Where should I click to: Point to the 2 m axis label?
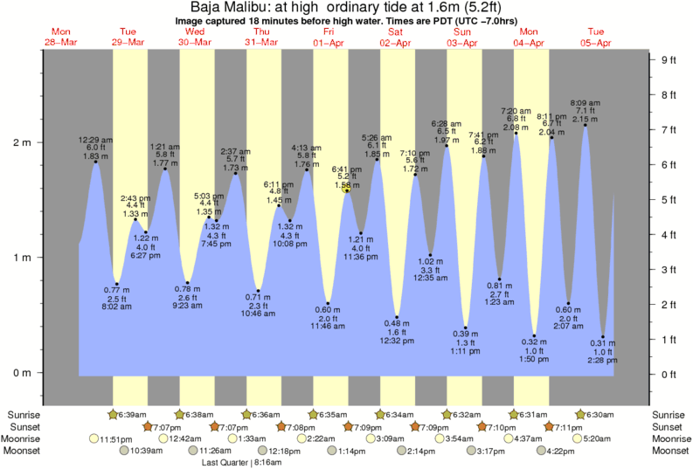[20, 141]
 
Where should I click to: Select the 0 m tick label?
[20, 373]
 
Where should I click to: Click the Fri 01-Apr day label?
[328, 37]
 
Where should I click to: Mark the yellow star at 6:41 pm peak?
[347, 190]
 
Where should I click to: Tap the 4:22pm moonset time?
[565, 451]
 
